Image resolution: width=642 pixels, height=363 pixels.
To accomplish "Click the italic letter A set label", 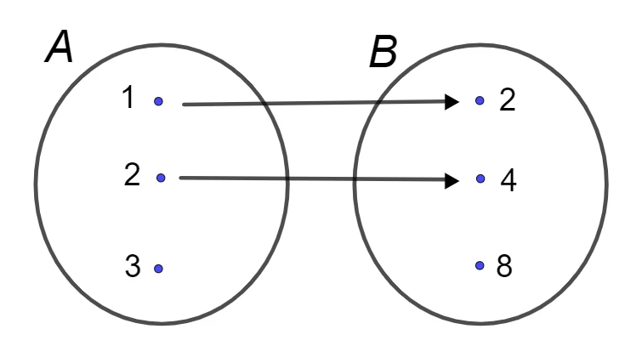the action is pos(59,47).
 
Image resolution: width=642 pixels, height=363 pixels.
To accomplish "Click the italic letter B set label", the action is pos(383,52).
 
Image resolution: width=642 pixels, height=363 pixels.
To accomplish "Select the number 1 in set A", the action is pos(128,99).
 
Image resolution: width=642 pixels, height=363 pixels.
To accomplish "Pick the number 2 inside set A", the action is pos(132,175).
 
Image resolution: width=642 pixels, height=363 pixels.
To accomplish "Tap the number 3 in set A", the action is pos(133,266).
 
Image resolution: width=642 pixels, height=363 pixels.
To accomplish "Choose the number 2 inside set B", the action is pos(508,100).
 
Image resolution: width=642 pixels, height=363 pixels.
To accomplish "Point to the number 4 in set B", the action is pos(508,181).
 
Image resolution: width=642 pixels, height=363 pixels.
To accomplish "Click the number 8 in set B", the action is pos(504,266).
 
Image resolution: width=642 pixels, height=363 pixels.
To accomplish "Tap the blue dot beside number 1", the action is pos(158,101).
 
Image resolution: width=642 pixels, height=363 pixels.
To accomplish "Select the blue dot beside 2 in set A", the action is pos(161,178).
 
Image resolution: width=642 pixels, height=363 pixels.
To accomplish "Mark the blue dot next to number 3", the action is pos(158,269).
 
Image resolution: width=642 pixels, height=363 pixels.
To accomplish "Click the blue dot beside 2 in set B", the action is pos(480,100).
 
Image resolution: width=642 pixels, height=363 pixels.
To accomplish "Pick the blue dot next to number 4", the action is pos(480,179).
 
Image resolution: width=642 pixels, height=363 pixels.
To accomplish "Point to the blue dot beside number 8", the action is pos(480,265).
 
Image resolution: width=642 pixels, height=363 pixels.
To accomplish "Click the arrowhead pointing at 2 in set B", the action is pos(452,101).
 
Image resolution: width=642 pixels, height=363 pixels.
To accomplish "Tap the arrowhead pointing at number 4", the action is pos(452,180).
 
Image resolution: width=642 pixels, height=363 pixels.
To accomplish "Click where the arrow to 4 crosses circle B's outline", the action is pos(355,179).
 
